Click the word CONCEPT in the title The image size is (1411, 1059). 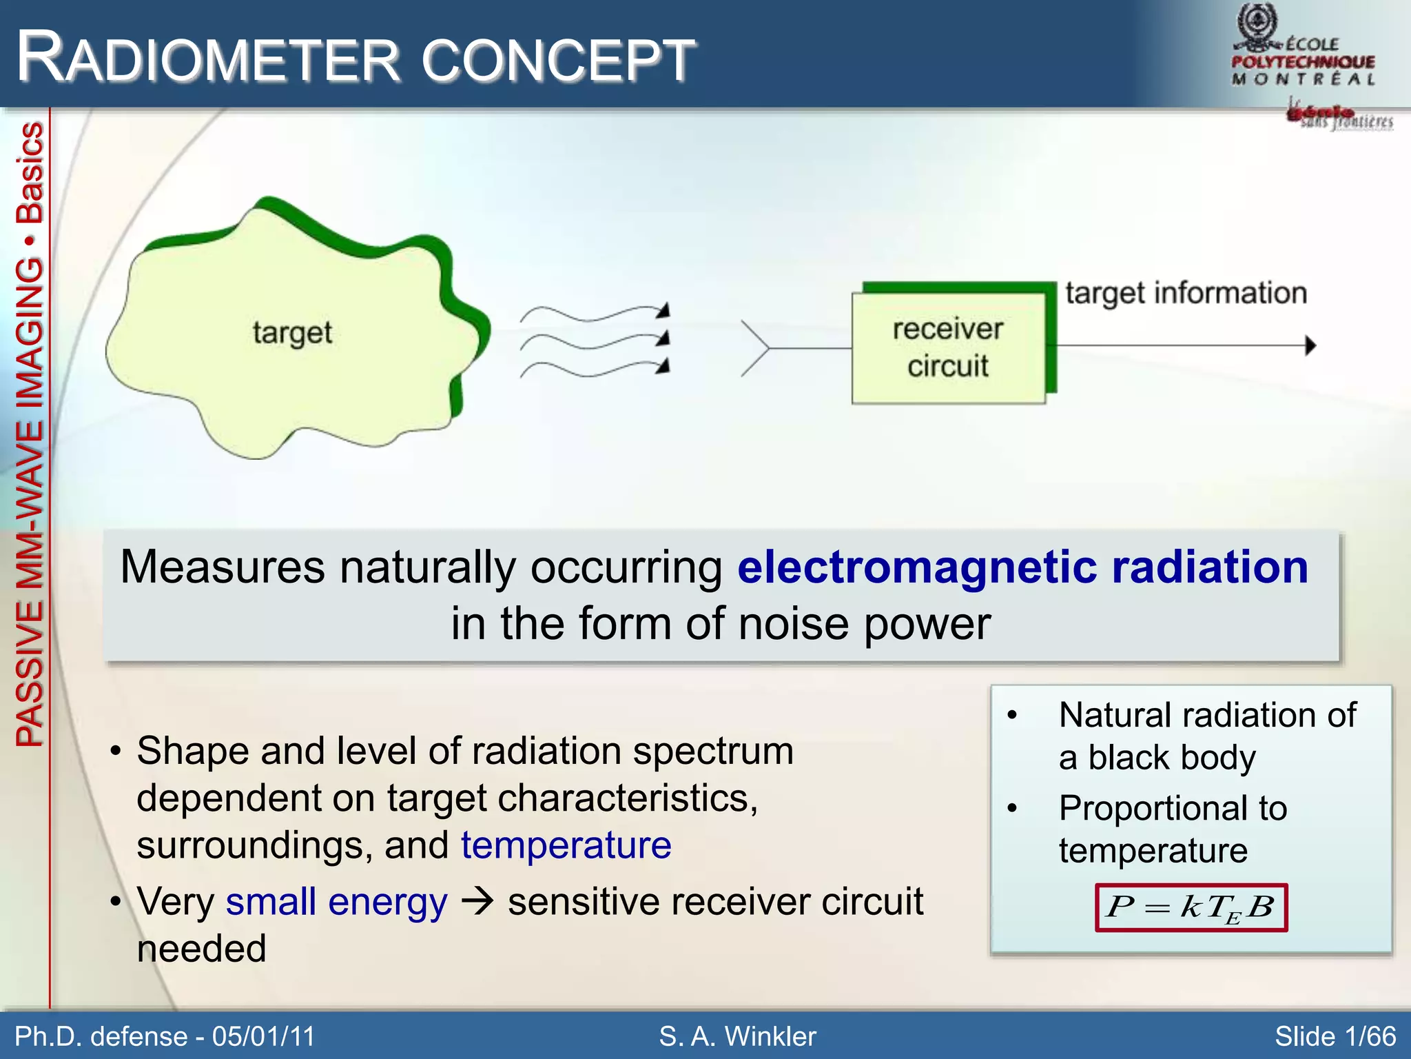click(x=558, y=61)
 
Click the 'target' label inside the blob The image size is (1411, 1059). click(x=292, y=333)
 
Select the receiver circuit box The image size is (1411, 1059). click(x=948, y=347)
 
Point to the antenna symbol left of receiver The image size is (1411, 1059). click(x=756, y=348)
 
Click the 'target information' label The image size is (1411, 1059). click(x=1186, y=294)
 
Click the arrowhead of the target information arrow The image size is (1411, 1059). click(x=1310, y=345)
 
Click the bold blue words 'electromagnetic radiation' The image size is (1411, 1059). click(x=1022, y=567)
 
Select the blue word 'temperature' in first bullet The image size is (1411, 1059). click(x=566, y=845)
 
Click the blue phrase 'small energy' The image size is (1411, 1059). click(x=336, y=902)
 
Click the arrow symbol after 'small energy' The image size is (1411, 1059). click(x=477, y=902)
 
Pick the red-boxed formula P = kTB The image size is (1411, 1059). click(x=1191, y=907)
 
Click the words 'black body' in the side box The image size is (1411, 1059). click(x=1171, y=758)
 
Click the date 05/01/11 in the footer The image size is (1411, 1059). click(x=263, y=1036)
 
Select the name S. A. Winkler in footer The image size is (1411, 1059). click(x=737, y=1036)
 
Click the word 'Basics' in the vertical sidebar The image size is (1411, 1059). click(x=30, y=172)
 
